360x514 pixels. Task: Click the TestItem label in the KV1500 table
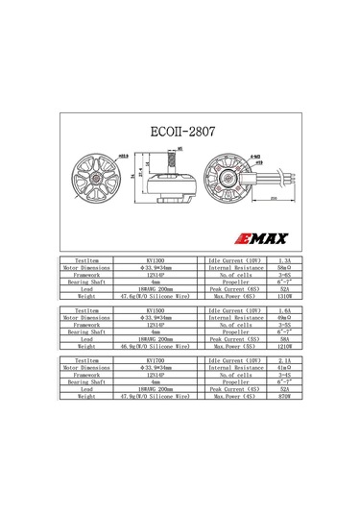point(86,311)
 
